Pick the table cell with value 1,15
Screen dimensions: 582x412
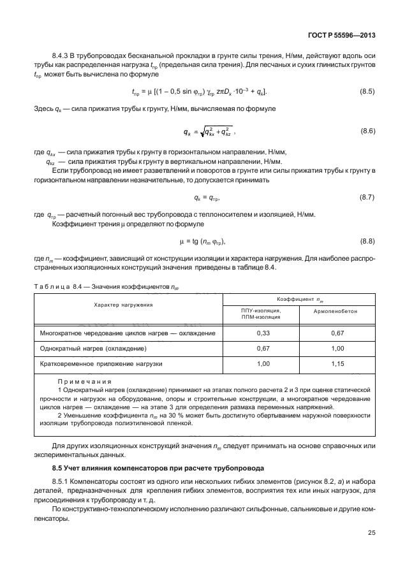(x=335, y=364)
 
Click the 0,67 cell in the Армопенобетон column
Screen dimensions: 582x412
(x=335, y=333)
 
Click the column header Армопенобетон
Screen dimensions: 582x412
(x=335, y=313)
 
